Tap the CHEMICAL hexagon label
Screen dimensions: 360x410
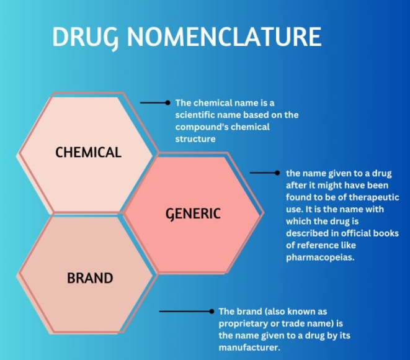(88, 152)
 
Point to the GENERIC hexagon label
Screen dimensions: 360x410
(192, 214)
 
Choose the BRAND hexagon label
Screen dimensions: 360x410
(90, 278)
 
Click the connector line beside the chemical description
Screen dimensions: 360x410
(153, 102)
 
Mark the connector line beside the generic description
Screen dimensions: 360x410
(264, 173)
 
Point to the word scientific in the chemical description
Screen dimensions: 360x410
(197, 115)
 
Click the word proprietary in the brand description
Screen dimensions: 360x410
(243, 323)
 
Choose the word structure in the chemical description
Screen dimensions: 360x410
(195, 139)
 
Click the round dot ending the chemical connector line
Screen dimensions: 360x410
(167, 102)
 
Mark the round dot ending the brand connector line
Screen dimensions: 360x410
(212, 311)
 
